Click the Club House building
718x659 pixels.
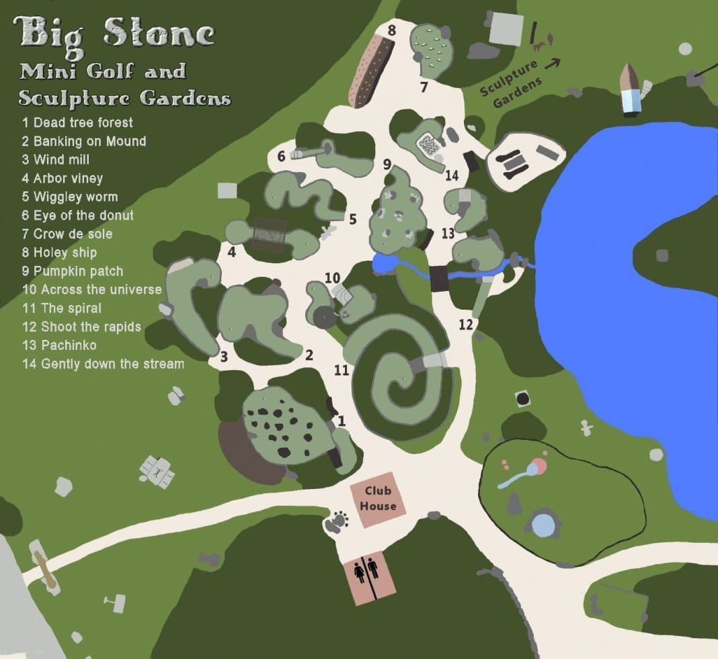click(x=378, y=498)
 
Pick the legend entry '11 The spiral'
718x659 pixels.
click(x=62, y=308)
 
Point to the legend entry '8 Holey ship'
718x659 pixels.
click(x=59, y=253)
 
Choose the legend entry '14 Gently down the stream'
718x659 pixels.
click(x=103, y=364)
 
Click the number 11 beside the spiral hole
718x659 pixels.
click(x=342, y=369)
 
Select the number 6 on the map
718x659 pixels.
click(x=282, y=156)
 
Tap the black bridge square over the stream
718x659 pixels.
click(x=439, y=278)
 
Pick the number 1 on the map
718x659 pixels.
click(x=342, y=421)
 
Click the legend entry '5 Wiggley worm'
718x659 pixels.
click(x=69, y=197)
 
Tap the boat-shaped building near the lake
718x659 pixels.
click(x=631, y=88)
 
